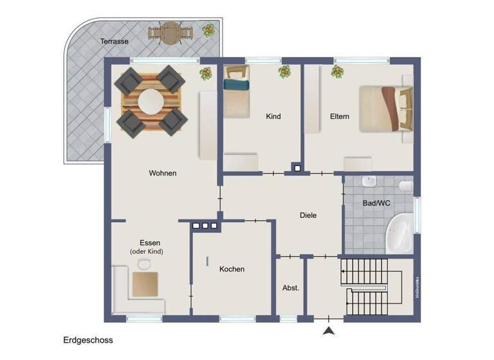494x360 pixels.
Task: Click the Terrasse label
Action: click(x=114, y=41)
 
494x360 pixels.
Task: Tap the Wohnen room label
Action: click(x=162, y=173)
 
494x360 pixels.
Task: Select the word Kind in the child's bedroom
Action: click(x=273, y=116)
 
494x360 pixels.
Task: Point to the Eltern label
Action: click(x=339, y=116)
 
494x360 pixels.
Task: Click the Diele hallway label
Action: click(x=308, y=215)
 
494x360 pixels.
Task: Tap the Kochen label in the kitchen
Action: click(x=232, y=269)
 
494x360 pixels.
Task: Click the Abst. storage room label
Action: click(x=291, y=288)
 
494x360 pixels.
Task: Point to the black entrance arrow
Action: click(x=329, y=331)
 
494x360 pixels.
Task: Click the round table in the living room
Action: click(x=151, y=101)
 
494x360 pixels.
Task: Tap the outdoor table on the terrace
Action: click(x=170, y=32)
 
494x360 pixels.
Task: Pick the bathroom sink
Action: click(x=369, y=181)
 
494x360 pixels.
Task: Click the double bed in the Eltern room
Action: click(x=383, y=107)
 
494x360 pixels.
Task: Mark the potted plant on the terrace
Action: click(x=209, y=30)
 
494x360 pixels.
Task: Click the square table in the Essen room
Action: click(x=145, y=283)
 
